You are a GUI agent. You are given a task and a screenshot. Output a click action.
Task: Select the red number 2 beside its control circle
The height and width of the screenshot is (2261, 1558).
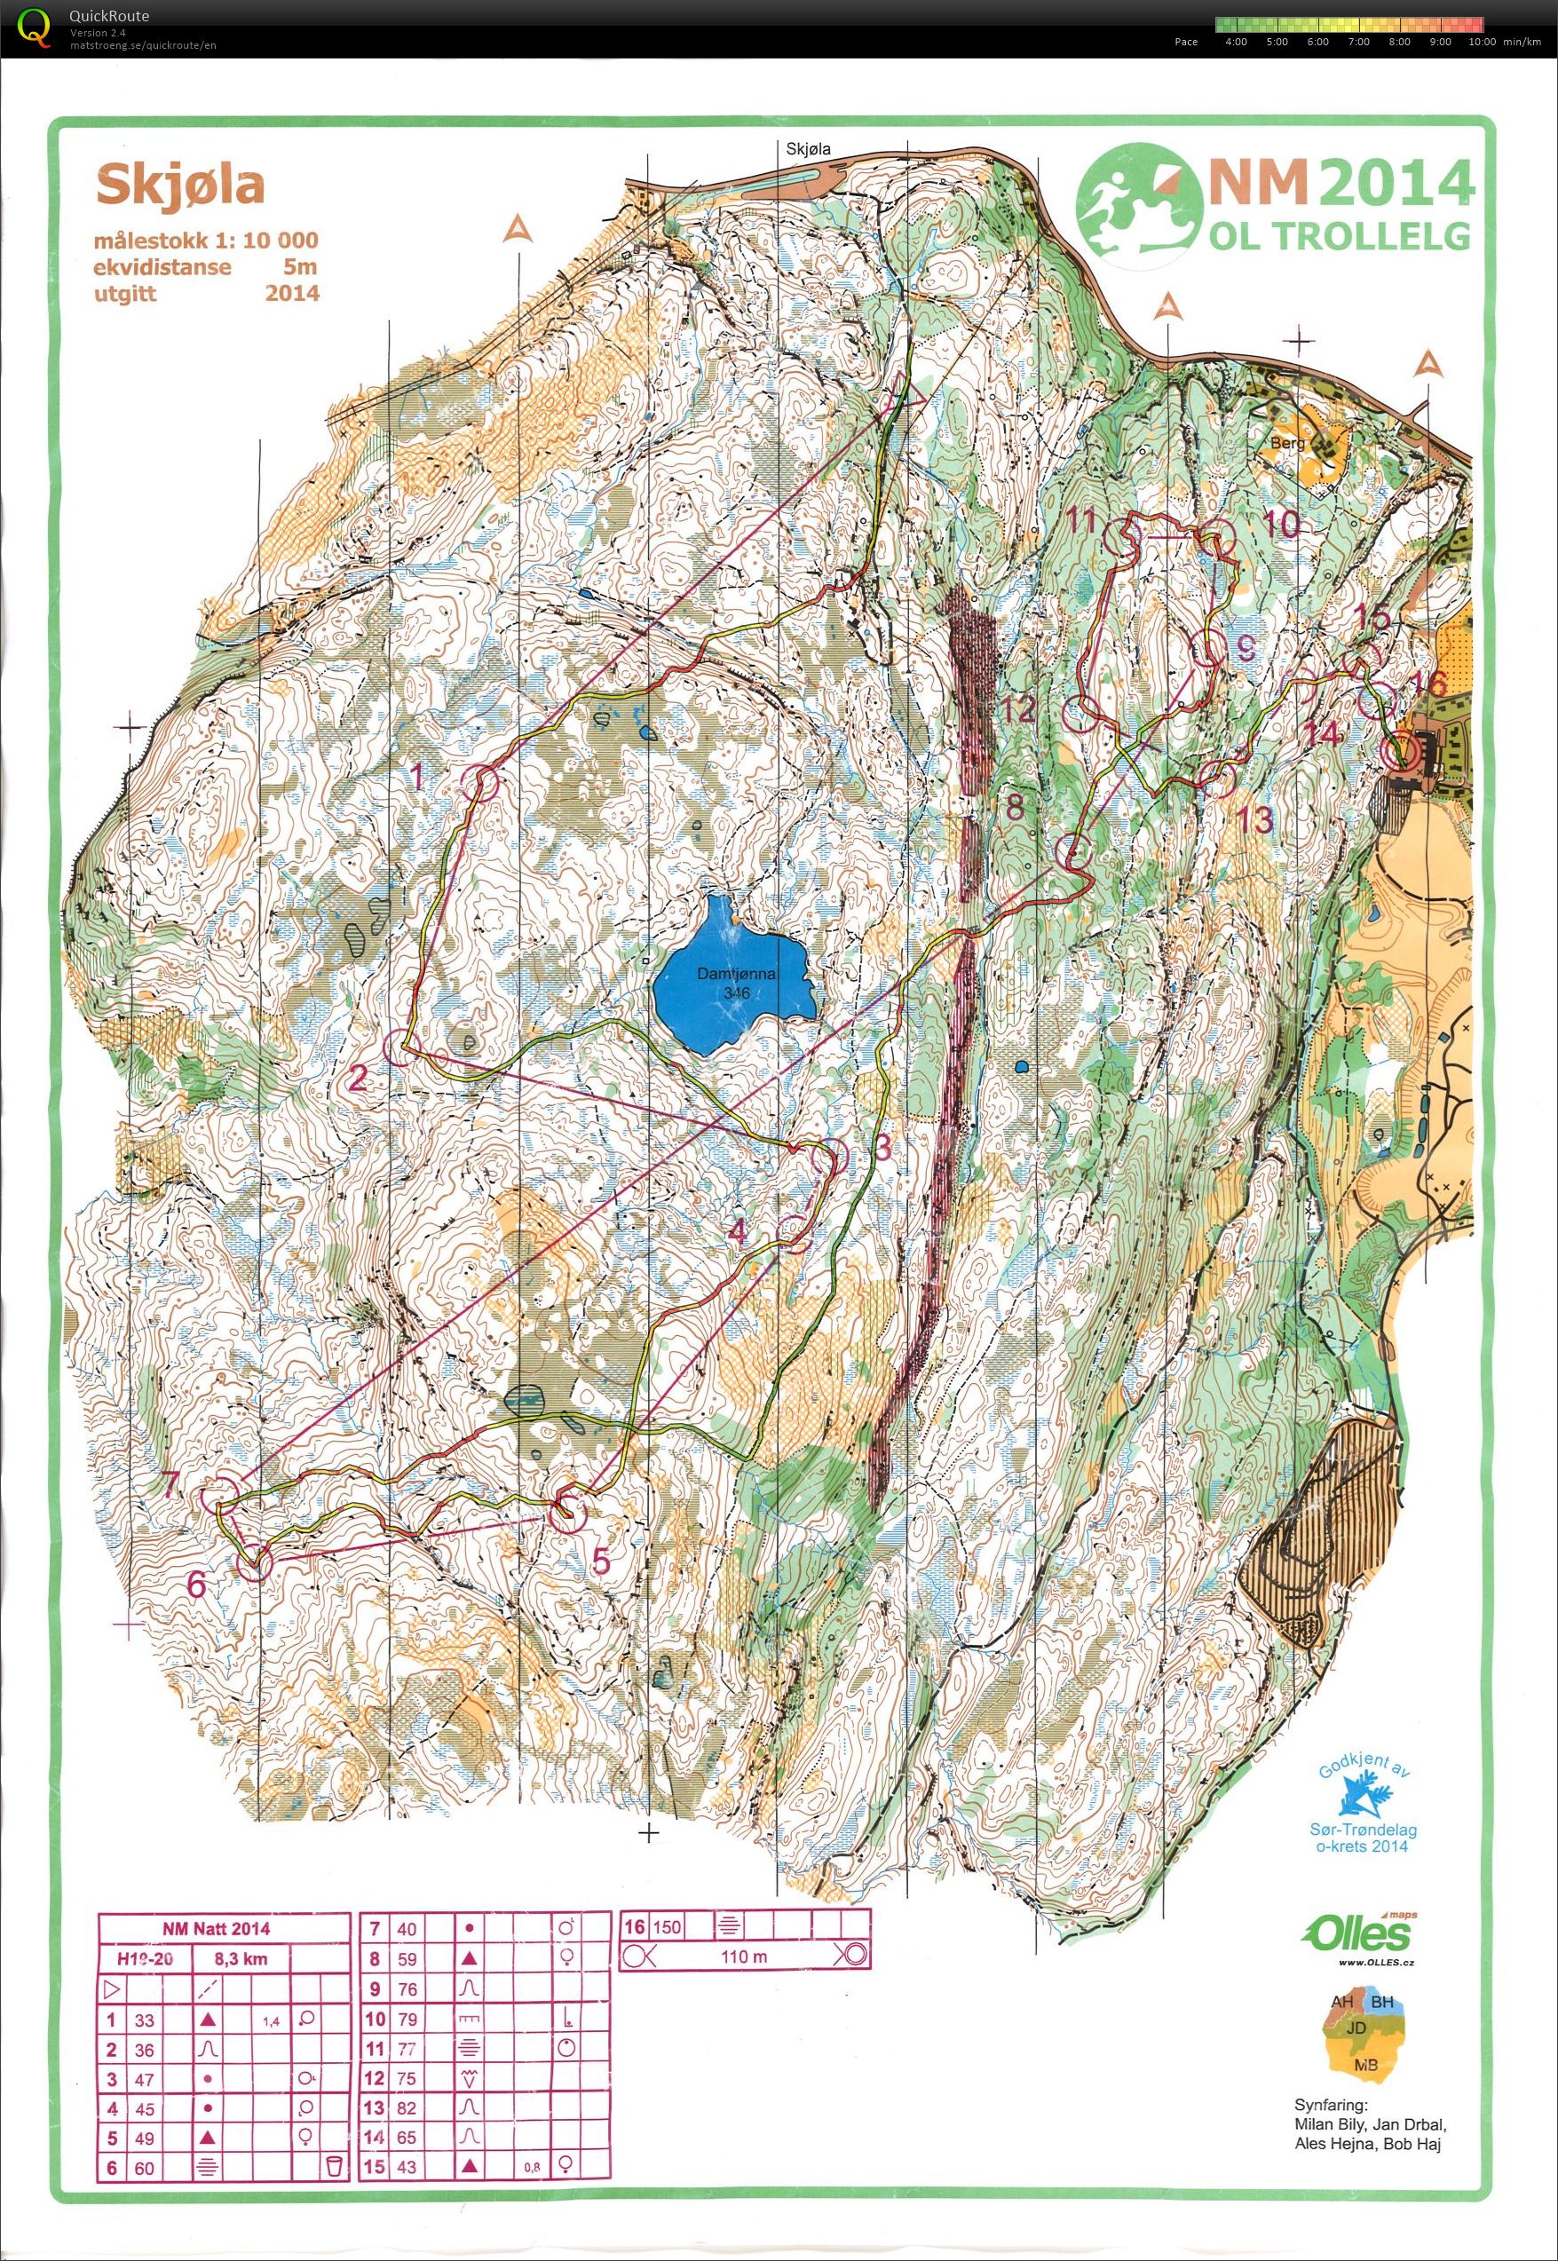click(x=359, y=1079)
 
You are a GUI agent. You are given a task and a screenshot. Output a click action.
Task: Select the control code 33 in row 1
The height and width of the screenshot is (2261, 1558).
click(x=144, y=2020)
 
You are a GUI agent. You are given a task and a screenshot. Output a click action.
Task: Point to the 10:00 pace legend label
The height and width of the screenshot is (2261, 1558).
click(x=1481, y=42)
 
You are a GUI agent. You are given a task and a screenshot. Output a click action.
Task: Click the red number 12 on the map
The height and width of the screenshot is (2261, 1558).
click(x=1016, y=708)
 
